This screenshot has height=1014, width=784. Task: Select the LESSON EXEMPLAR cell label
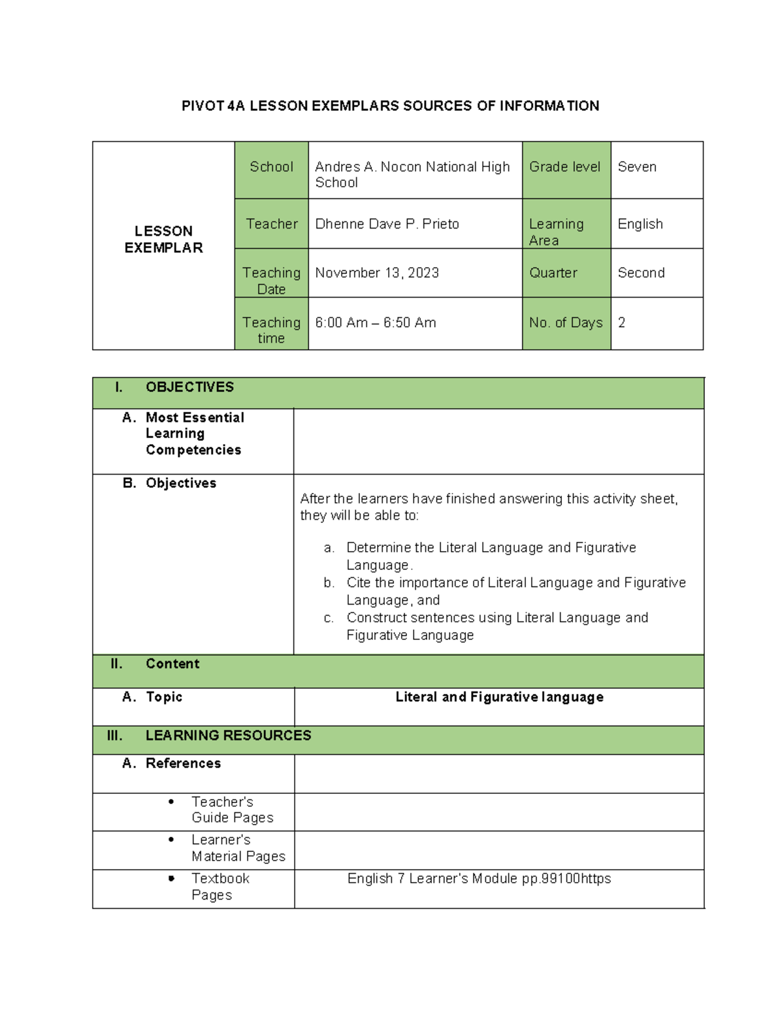click(163, 239)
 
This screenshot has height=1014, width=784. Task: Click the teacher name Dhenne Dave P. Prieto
click(387, 224)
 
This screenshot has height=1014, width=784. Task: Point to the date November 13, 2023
click(376, 273)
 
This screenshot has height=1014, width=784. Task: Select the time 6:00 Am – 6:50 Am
click(375, 323)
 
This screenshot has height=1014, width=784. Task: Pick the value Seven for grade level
click(636, 167)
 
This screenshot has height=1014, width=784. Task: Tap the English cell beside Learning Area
click(640, 224)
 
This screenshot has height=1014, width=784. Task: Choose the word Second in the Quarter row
click(640, 273)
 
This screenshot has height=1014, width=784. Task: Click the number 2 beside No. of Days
click(621, 323)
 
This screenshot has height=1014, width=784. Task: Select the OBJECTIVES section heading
click(189, 387)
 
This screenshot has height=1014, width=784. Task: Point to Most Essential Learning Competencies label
click(194, 434)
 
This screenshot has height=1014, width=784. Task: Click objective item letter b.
click(329, 582)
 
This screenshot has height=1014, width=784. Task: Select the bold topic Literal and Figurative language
click(499, 697)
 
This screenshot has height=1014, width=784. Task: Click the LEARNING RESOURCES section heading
click(228, 736)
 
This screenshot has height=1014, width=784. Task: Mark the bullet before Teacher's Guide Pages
click(171, 802)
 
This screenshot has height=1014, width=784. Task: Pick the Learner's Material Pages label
click(238, 848)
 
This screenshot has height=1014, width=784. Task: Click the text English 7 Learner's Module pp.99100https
click(479, 879)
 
